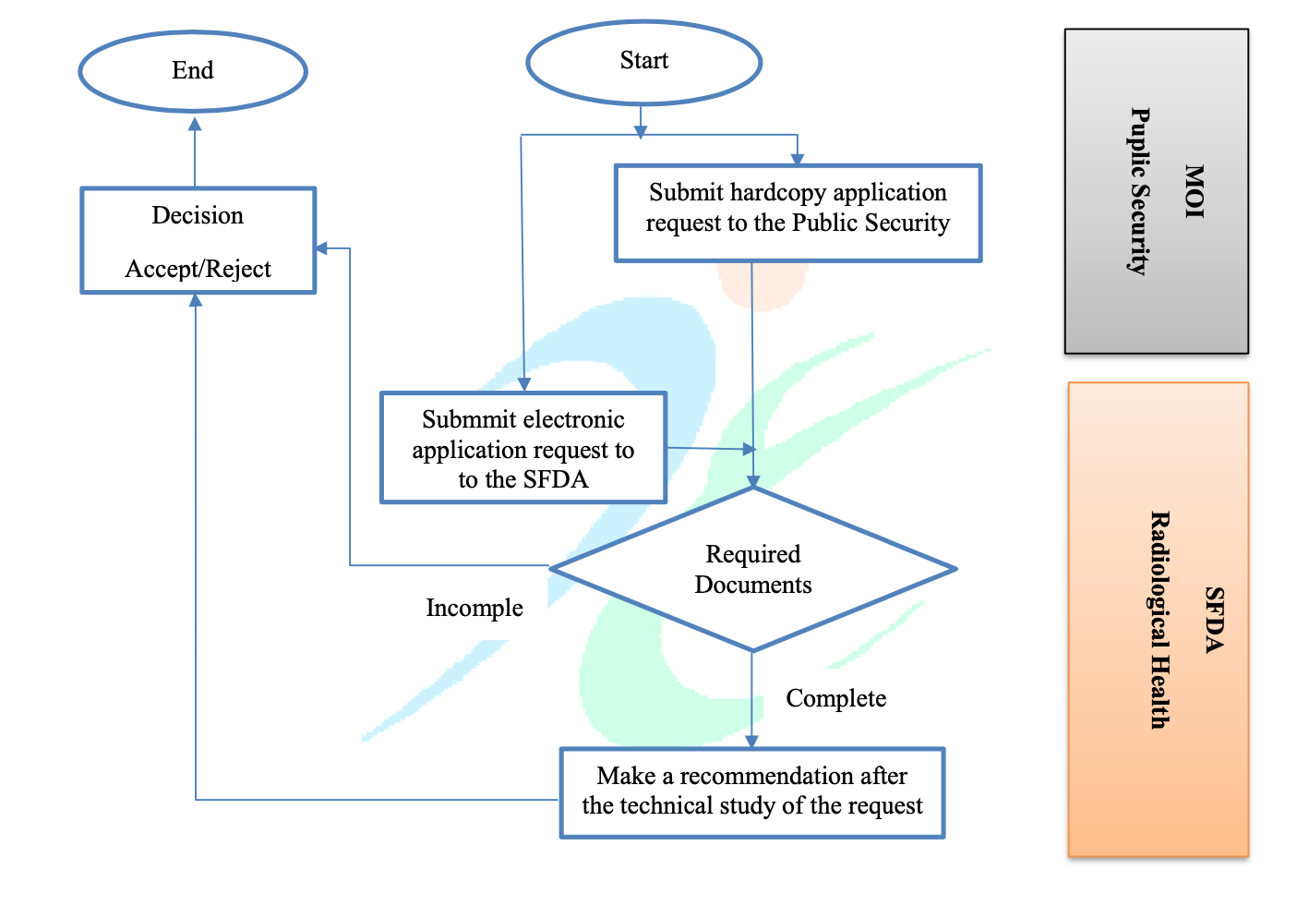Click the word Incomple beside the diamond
tap(474, 608)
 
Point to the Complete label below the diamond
tap(835, 698)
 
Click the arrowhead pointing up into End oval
tap(195, 124)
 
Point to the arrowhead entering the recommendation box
tap(751, 741)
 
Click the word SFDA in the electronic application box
tap(555, 479)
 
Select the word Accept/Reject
tap(198, 269)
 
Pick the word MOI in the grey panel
tap(1195, 191)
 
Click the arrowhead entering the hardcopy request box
tap(797, 159)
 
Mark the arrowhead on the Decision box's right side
tap(322, 248)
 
